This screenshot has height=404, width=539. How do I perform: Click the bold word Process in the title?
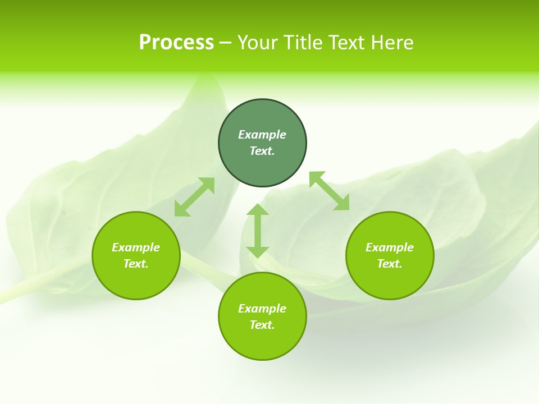[176, 42]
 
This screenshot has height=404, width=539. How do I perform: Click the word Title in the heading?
[304, 42]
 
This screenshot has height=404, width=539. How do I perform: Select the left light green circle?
[136, 281]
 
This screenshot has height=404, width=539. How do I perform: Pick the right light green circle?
[390, 281]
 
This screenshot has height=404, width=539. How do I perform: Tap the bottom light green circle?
[262, 342]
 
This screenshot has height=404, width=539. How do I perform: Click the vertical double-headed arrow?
[258, 231]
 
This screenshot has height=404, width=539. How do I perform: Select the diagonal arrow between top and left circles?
[194, 197]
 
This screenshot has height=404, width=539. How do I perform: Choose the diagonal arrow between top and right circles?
[329, 191]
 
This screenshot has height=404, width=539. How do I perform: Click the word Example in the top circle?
[262, 135]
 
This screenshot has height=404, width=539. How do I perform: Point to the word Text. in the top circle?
[262, 151]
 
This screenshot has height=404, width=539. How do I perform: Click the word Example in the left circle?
[136, 247]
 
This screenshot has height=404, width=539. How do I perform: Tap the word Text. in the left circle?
[136, 264]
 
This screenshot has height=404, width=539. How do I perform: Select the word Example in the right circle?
[390, 247]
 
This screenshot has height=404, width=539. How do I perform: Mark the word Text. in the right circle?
[390, 264]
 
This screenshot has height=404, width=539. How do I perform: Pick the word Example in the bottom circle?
[262, 309]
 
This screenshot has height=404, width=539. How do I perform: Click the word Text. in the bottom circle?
[262, 325]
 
